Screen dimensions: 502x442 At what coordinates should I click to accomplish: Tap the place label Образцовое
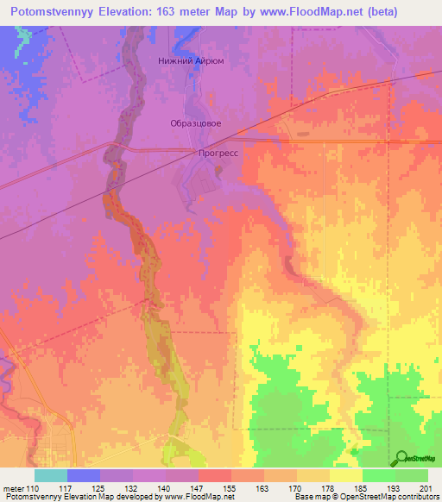click(x=194, y=123)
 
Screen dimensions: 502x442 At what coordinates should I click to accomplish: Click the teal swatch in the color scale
click(x=51, y=475)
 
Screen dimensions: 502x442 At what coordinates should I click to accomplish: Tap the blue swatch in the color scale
click(x=84, y=475)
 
